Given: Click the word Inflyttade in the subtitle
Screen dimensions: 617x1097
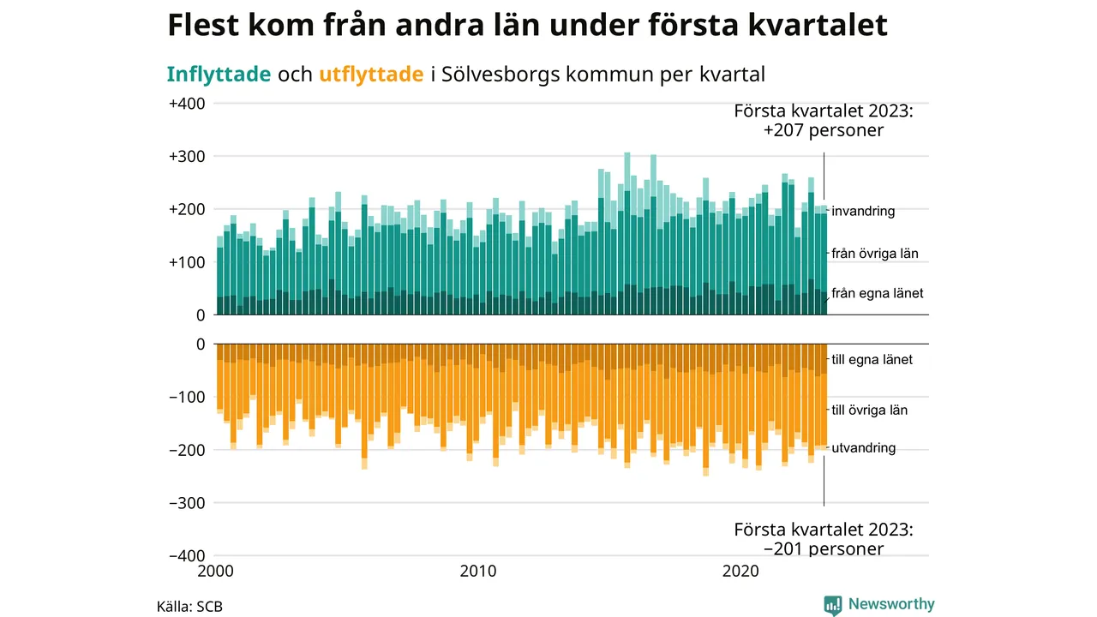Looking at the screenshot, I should [x=219, y=75].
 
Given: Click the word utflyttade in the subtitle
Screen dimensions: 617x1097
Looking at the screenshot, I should [x=371, y=75].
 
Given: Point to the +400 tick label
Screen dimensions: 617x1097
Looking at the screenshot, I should [x=187, y=104].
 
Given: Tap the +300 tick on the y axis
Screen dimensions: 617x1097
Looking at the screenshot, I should [x=187, y=157].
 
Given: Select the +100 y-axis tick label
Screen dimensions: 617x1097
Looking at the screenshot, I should [x=187, y=262].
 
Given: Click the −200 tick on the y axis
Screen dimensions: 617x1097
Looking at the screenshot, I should [x=187, y=450].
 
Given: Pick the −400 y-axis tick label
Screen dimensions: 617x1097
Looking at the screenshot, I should [x=187, y=555].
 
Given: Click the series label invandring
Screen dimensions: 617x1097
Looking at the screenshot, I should [x=863, y=211].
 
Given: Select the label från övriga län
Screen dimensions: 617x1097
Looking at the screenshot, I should [x=874, y=254].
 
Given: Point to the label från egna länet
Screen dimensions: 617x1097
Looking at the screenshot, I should [x=878, y=293].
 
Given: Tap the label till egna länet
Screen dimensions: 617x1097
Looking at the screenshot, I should [x=872, y=360].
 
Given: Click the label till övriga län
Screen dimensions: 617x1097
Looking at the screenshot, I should [x=870, y=410].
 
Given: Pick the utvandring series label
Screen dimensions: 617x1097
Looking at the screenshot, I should [x=864, y=447].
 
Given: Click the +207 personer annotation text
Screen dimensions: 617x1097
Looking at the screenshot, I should [x=824, y=131].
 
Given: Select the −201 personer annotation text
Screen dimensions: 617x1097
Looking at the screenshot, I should [x=824, y=548].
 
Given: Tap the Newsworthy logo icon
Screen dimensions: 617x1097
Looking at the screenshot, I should [x=833, y=605].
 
